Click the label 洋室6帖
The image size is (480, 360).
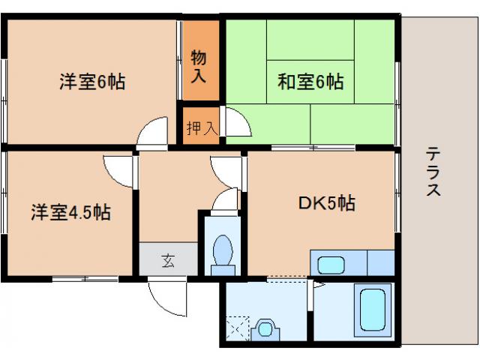(92, 82)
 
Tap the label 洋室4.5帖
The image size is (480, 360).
(70, 212)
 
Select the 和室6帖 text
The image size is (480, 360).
(311, 82)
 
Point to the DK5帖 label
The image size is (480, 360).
(326, 202)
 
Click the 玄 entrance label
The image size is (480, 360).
(168, 261)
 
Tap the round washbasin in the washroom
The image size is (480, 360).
(264, 328)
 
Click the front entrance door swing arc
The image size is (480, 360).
(165, 296)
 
